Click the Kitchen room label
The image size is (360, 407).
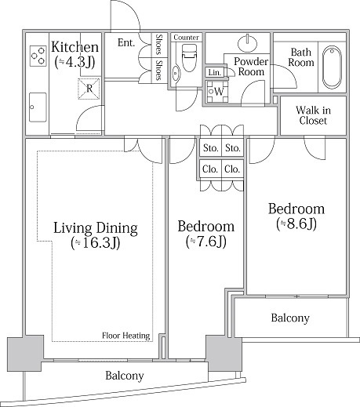tap(75, 47)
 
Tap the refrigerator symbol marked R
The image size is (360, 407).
tap(89, 89)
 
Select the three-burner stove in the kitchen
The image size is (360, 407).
tap(38, 56)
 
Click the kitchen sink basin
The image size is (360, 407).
tap(38, 107)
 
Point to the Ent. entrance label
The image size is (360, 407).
tap(126, 42)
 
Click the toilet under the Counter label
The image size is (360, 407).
tap(189, 57)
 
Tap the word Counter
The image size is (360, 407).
tap(186, 38)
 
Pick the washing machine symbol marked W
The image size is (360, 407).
tap(217, 92)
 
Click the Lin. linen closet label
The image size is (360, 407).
tap(215, 72)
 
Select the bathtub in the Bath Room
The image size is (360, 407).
tap(332, 67)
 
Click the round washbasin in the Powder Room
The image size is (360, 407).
tap(247, 42)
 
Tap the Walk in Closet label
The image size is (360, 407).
tap(313, 115)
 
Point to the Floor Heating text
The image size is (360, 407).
tap(126, 336)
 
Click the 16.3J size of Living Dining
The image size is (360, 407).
tap(96, 243)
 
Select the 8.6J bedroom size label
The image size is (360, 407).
tap(296, 224)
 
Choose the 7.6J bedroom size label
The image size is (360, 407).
tap(206, 242)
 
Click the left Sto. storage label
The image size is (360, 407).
tap(211, 148)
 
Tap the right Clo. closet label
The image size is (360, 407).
tap(232, 169)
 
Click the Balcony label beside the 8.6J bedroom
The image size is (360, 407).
tap(290, 318)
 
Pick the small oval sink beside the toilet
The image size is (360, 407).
tap(176, 74)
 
